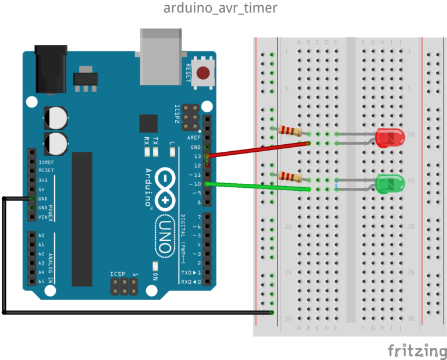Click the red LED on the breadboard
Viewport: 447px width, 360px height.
(x=390, y=138)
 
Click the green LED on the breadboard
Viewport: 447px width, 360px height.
(x=390, y=183)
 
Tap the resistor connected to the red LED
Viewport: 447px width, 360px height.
(x=290, y=130)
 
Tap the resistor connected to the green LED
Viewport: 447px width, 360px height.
(x=290, y=176)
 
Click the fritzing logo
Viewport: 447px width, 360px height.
(x=417, y=350)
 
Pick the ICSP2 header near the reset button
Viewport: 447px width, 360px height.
(x=189, y=118)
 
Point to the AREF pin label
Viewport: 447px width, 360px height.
(x=194, y=138)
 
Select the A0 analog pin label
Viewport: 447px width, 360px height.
(x=41, y=236)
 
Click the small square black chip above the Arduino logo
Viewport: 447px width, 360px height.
(x=148, y=123)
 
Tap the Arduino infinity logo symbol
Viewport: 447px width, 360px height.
(x=165, y=187)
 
